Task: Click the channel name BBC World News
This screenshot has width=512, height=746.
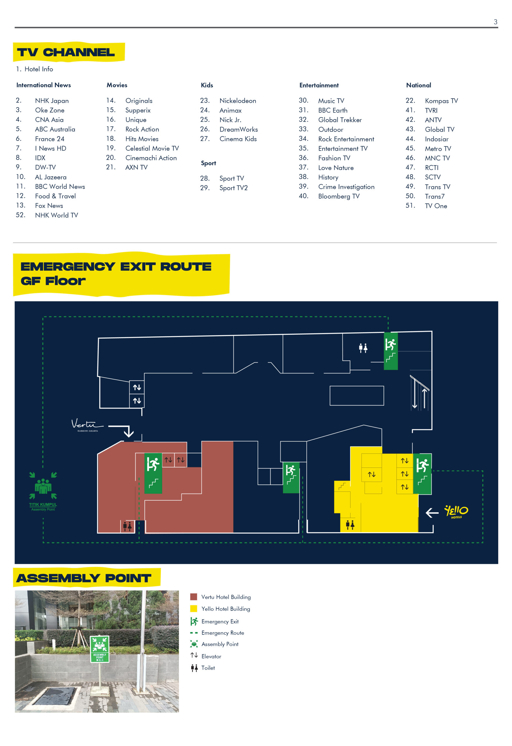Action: point(60,186)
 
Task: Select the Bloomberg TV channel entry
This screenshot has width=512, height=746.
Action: point(339,196)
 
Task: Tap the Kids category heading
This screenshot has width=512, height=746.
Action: point(207,85)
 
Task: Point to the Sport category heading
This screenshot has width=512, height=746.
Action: point(208,163)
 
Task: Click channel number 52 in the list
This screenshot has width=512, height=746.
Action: point(21,215)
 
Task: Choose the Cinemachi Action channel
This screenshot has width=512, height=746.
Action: point(151,158)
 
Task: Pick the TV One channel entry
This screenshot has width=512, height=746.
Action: point(436,206)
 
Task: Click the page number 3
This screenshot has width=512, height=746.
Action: point(495,22)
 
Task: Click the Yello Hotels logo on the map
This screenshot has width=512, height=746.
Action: point(456,512)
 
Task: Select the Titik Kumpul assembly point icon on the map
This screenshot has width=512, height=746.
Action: point(43,491)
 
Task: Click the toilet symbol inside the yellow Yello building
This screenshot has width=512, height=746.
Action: point(350,525)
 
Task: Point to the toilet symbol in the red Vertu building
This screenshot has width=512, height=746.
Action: point(127,526)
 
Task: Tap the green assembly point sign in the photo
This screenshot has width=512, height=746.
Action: point(100,649)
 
